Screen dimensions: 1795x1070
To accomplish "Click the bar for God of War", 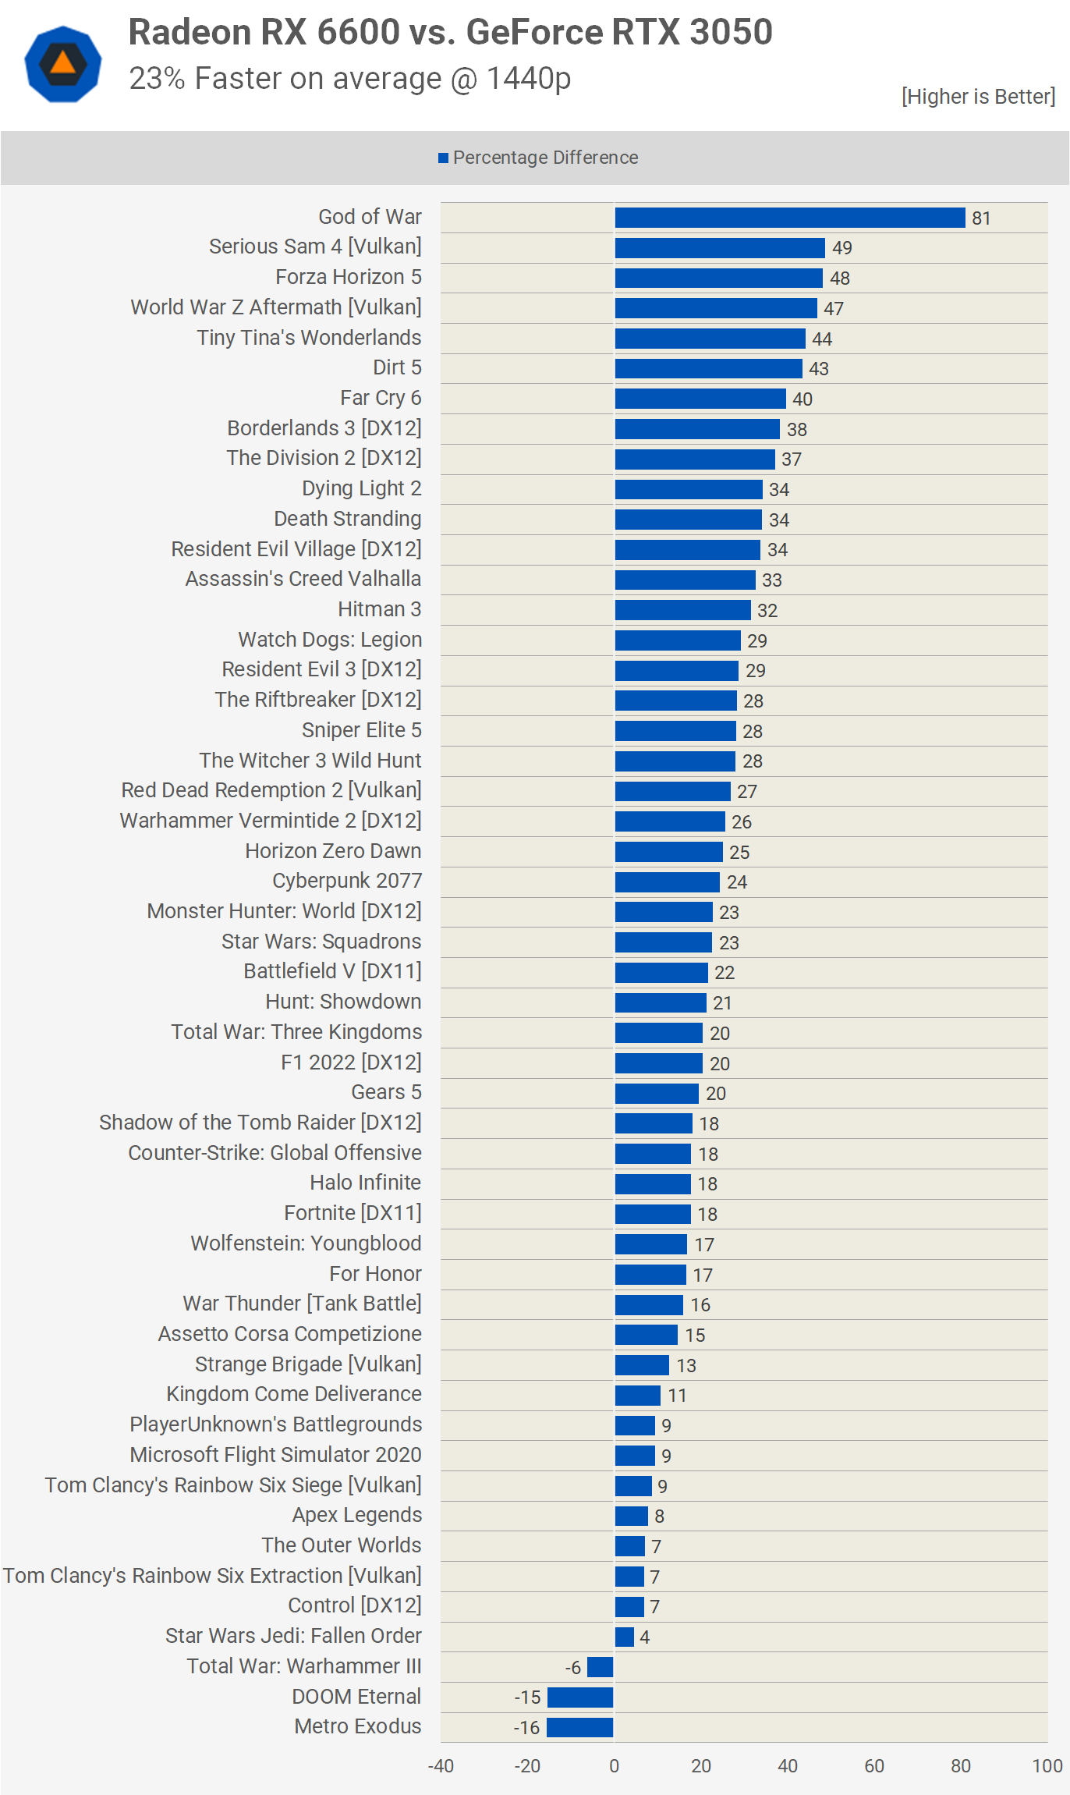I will [x=789, y=218].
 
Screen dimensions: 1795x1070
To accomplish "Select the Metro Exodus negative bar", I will [x=579, y=1727].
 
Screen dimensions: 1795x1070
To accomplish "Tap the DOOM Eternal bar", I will [x=580, y=1697].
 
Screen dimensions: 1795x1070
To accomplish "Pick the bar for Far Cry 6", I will [x=700, y=399].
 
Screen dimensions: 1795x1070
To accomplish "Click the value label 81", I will [x=981, y=218].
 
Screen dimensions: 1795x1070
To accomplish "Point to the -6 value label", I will [x=573, y=1667].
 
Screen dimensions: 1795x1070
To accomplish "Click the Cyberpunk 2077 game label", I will [x=347, y=881].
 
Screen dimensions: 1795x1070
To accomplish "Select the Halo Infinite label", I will [x=365, y=1183].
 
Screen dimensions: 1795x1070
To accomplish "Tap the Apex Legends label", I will [x=357, y=1515].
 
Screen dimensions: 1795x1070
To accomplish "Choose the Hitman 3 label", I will [x=379, y=609].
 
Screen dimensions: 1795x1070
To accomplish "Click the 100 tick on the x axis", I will [x=1047, y=1765].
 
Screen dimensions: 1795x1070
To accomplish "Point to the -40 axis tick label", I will [x=441, y=1765].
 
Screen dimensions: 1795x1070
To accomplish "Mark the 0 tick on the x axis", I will [x=615, y=1765].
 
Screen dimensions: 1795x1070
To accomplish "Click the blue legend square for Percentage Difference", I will [x=443, y=158].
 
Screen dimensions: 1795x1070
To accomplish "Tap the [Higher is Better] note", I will [x=978, y=96].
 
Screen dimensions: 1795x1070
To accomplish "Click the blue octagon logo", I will [x=63, y=64].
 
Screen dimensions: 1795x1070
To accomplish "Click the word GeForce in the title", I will [x=534, y=33].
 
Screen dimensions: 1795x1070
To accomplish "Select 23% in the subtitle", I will [x=157, y=79].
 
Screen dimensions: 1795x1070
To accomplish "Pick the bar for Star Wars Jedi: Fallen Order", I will [x=624, y=1637].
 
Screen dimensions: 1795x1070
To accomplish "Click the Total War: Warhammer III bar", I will [x=600, y=1667].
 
